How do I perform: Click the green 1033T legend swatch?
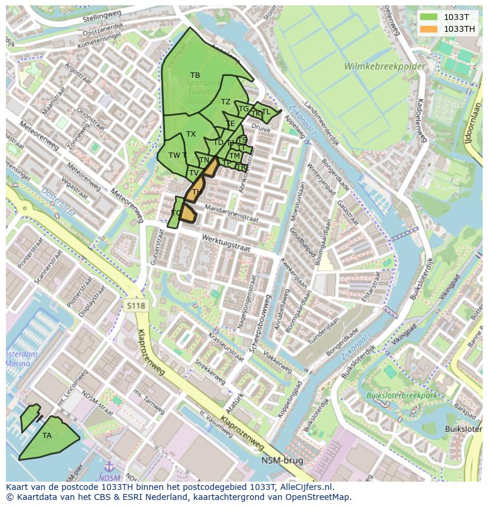pyautogui.click(x=428, y=18)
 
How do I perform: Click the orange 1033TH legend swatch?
pyautogui.click(x=428, y=29)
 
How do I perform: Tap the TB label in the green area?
pyautogui.click(x=195, y=75)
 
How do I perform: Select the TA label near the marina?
pyautogui.click(x=47, y=436)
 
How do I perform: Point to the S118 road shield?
pyautogui.click(x=135, y=305)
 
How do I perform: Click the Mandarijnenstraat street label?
pyautogui.click(x=231, y=213)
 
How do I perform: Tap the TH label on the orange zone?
pyautogui.click(x=197, y=192)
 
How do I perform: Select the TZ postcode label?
pyautogui.click(x=226, y=102)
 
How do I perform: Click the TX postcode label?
pyautogui.click(x=191, y=134)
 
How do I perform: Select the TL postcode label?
pyautogui.click(x=266, y=112)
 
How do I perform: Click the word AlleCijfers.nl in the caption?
pyautogui.click(x=305, y=488)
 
